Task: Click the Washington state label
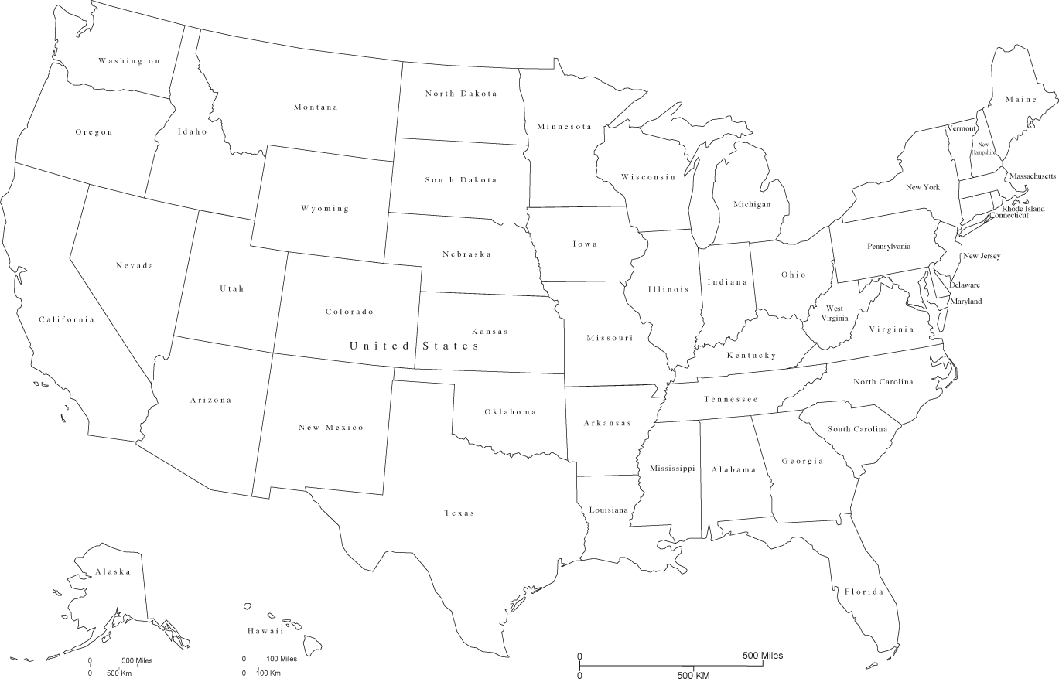(129, 61)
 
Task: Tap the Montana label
(316, 107)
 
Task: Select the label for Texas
(459, 513)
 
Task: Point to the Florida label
(863, 592)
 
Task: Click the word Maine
(1020, 100)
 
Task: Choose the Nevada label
(135, 266)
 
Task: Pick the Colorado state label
(349, 312)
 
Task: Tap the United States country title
(415, 346)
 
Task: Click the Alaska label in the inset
(113, 572)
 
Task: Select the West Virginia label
(834, 313)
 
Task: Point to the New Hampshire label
(983, 148)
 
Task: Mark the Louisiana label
(609, 510)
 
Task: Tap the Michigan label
(752, 205)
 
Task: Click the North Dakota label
(461, 94)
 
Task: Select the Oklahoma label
(510, 412)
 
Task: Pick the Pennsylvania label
(888, 247)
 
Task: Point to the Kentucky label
(751, 356)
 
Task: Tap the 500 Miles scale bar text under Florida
(762, 656)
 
